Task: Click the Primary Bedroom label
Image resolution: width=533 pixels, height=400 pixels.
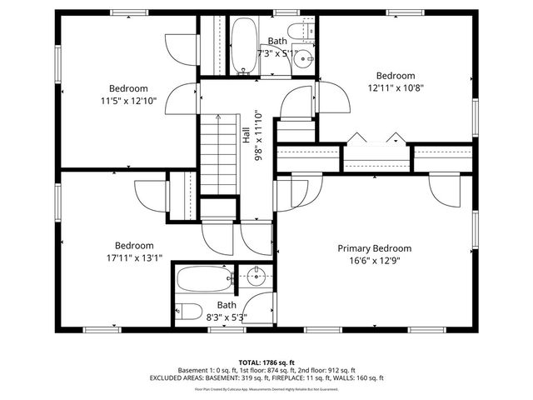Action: [x=374, y=248]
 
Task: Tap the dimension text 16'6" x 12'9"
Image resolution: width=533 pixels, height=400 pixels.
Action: [x=374, y=261]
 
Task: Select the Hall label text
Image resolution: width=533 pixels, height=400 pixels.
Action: [x=247, y=136]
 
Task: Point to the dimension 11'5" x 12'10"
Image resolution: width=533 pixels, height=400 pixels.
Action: [x=128, y=101]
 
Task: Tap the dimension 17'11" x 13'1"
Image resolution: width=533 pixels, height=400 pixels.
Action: [x=134, y=257]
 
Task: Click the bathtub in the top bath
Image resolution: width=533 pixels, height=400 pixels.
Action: [x=243, y=45]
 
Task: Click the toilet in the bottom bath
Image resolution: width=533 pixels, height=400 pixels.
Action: [x=190, y=312]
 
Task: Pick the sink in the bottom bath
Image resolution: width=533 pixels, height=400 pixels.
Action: [x=257, y=275]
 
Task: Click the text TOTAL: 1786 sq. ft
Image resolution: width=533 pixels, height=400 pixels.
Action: [x=266, y=362]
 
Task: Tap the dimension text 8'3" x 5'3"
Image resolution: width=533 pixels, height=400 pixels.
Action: [x=227, y=317]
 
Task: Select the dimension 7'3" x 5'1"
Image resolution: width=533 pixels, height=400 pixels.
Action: [x=276, y=52]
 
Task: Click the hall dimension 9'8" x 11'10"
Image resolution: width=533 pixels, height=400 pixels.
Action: [x=257, y=136]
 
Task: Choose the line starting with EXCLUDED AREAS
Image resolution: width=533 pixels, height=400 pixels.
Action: [x=266, y=378]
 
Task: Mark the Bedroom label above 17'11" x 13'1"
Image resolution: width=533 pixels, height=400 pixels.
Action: [x=134, y=246]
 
